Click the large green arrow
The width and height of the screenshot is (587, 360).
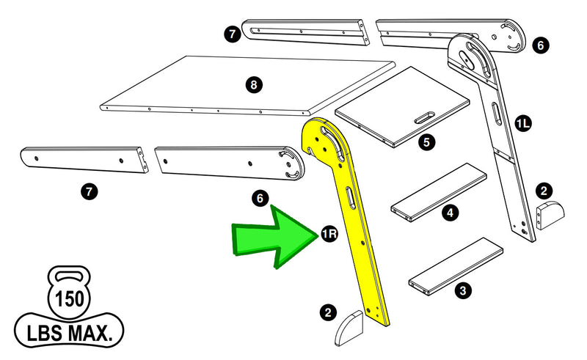(x=275, y=237)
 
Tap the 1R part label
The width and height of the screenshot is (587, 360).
(x=329, y=235)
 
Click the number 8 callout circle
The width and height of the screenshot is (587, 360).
(x=253, y=85)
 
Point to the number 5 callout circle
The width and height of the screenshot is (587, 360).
(x=426, y=142)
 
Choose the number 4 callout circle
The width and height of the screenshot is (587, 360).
(x=451, y=213)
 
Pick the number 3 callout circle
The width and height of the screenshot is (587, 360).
(x=462, y=290)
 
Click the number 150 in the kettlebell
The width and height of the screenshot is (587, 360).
(x=69, y=300)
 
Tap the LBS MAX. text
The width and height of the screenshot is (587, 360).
(x=70, y=334)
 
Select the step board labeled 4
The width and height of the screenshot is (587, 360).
(x=439, y=191)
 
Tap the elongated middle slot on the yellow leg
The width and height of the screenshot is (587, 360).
(x=351, y=198)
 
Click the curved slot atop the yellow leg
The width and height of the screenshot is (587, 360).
(x=334, y=142)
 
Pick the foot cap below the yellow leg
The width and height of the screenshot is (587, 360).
(x=349, y=328)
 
